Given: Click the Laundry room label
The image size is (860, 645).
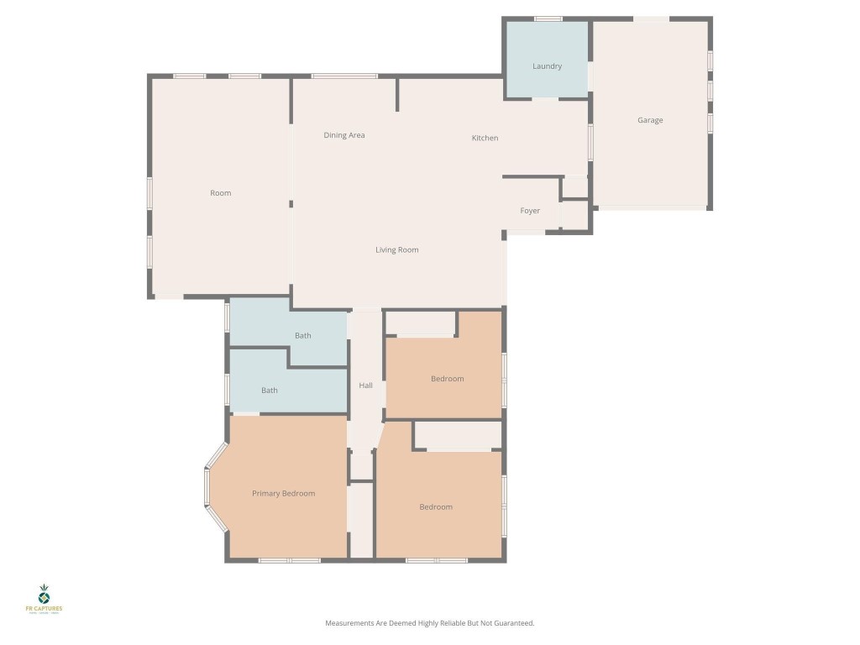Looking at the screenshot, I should [x=547, y=66].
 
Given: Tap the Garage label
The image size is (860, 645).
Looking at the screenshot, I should [x=650, y=120].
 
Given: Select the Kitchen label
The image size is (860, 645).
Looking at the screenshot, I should [x=485, y=138].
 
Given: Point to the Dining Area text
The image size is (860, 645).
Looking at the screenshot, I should [x=344, y=135].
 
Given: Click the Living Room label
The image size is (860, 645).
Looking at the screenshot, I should [x=396, y=249].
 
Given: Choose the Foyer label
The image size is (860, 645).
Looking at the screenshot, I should [x=530, y=211].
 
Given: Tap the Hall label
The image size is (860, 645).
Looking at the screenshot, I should [x=365, y=385].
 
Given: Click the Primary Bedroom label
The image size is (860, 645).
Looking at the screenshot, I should [x=283, y=493].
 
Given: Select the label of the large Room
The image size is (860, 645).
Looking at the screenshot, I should [x=220, y=193].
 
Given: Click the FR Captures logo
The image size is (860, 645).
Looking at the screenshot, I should [x=45, y=599].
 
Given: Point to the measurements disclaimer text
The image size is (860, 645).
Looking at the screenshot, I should [x=429, y=623].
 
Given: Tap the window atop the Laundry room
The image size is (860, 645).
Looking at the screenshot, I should [x=548, y=18].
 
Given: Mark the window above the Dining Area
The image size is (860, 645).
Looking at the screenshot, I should [x=344, y=76].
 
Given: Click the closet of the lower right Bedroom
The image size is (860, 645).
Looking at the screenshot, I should [x=458, y=436].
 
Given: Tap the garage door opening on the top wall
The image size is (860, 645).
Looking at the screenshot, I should [x=651, y=18].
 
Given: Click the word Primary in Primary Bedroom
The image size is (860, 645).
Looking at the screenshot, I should [x=266, y=493].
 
